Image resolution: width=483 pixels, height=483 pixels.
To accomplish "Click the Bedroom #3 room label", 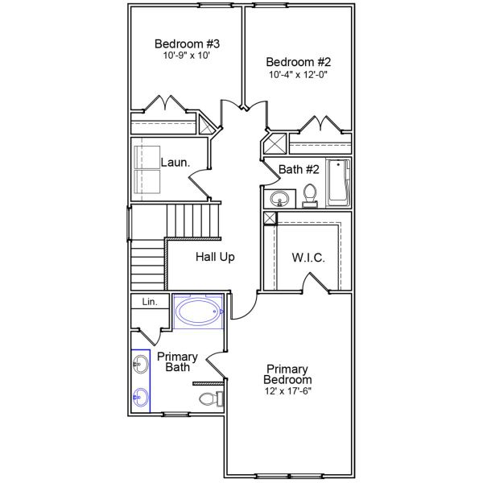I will [x=188, y=43].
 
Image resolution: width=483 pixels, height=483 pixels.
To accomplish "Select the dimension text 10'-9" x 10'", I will [x=188, y=56].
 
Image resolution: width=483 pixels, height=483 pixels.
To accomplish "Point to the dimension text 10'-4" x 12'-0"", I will [x=299, y=74].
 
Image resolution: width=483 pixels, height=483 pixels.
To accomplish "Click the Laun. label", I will [x=175, y=162].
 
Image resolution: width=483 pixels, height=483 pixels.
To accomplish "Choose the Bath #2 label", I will [x=299, y=169].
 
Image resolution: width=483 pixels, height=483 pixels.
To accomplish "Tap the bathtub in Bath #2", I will [x=339, y=184].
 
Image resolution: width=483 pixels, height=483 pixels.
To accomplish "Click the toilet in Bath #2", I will [x=310, y=196].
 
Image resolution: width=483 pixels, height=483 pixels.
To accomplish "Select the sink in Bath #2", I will [x=281, y=198].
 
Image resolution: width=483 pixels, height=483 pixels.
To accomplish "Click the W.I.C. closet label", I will [x=308, y=258].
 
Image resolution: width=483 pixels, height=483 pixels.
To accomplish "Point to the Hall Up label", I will [x=215, y=258].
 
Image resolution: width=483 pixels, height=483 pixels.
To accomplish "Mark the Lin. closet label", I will [x=150, y=302].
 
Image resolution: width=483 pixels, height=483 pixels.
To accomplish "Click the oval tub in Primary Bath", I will [x=198, y=312].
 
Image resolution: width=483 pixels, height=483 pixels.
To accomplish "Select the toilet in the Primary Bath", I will [x=208, y=399].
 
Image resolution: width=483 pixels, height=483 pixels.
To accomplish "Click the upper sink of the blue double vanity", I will [x=141, y=367].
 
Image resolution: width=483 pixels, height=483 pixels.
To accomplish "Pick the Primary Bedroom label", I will [x=288, y=374].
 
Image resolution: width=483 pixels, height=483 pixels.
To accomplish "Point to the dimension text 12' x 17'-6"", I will [x=288, y=391].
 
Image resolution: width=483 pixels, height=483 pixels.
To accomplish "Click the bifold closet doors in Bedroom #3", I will [x=166, y=105].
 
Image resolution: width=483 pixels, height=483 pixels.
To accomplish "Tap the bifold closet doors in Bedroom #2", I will [x=320, y=124].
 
